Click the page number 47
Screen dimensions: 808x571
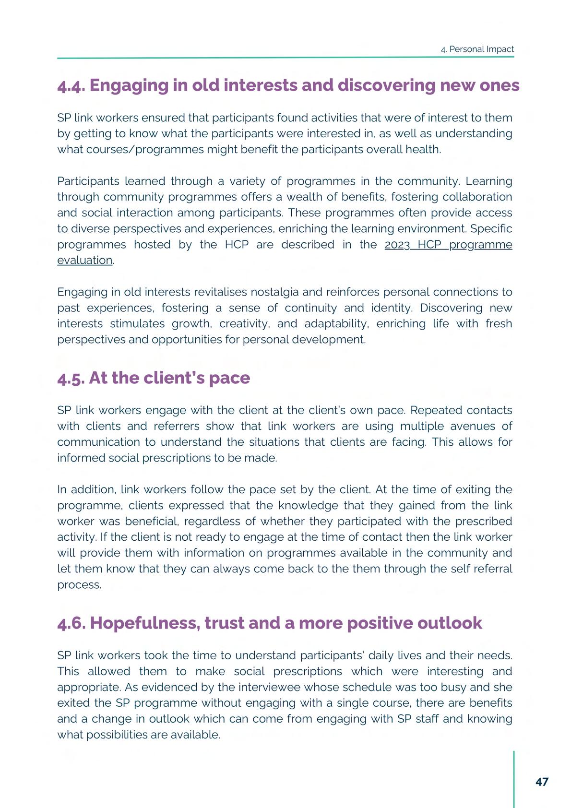pos(542,782)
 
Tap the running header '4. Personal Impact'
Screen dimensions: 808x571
pos(477,49)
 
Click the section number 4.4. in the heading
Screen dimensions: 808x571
pos(71,86)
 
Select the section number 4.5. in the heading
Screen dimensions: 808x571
pos(71,379)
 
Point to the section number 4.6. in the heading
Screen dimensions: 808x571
pos(71,623)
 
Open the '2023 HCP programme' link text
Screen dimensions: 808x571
pos(448,245)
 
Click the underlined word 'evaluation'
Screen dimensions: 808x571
pos(85,261)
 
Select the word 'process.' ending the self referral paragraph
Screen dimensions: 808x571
pos(79,585)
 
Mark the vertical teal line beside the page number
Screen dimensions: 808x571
pos(514,779)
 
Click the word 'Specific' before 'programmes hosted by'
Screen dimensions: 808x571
pos(491,229)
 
